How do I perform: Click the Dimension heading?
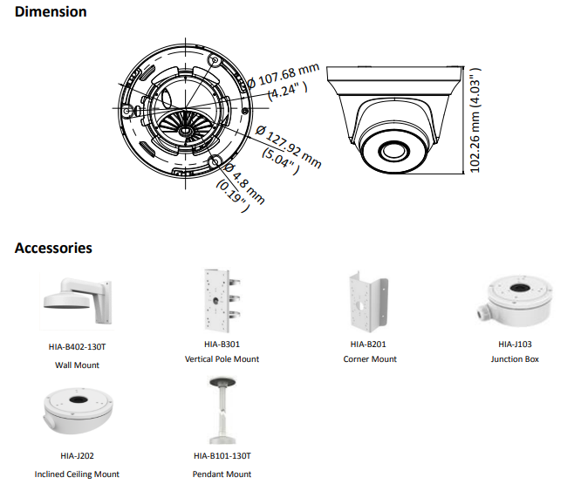tap(51, 12)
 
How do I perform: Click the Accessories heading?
tap(53, 248)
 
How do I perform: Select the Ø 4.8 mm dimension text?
tap(240, 181)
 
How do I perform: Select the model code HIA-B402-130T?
tap(77, 346)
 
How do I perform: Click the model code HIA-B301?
tap(222, 345)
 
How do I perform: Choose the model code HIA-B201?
tap(369, 345)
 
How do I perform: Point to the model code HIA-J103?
tap(515, 345)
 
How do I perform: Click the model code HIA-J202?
tap(77, 455)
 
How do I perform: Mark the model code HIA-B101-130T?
tap(222, 455)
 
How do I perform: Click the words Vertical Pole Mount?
tap(222, 359)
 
